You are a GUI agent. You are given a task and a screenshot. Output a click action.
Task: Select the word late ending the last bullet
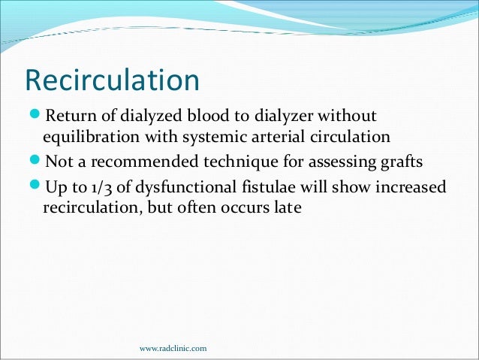tap(287, 207)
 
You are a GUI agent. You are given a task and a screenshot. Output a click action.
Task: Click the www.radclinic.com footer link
tap(174, 349)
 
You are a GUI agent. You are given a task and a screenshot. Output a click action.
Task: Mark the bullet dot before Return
tap(35, 117)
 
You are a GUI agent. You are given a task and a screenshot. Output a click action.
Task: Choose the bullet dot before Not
tap(35, 162)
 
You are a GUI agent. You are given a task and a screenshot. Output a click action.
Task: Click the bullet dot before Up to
tap(35, 186)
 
